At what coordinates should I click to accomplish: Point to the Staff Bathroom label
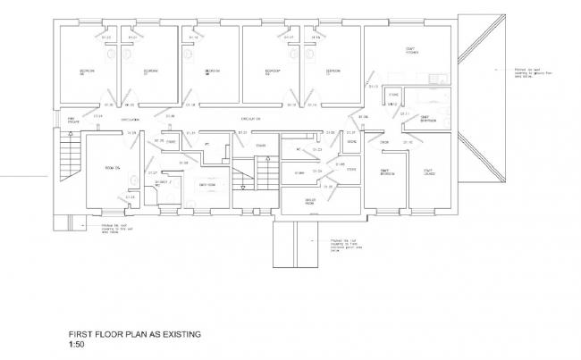(428, 119)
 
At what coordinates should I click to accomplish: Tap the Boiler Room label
(311, 202)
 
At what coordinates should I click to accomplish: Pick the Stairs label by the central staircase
(260, 146)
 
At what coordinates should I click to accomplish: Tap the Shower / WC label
(163, 184)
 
